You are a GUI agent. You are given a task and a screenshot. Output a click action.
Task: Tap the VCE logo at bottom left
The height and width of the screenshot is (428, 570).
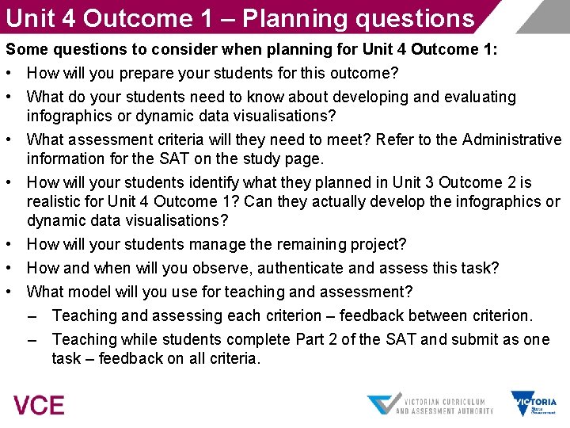point(39,405)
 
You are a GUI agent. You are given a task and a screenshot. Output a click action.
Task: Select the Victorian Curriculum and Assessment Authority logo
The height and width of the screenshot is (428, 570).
point(430,404)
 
